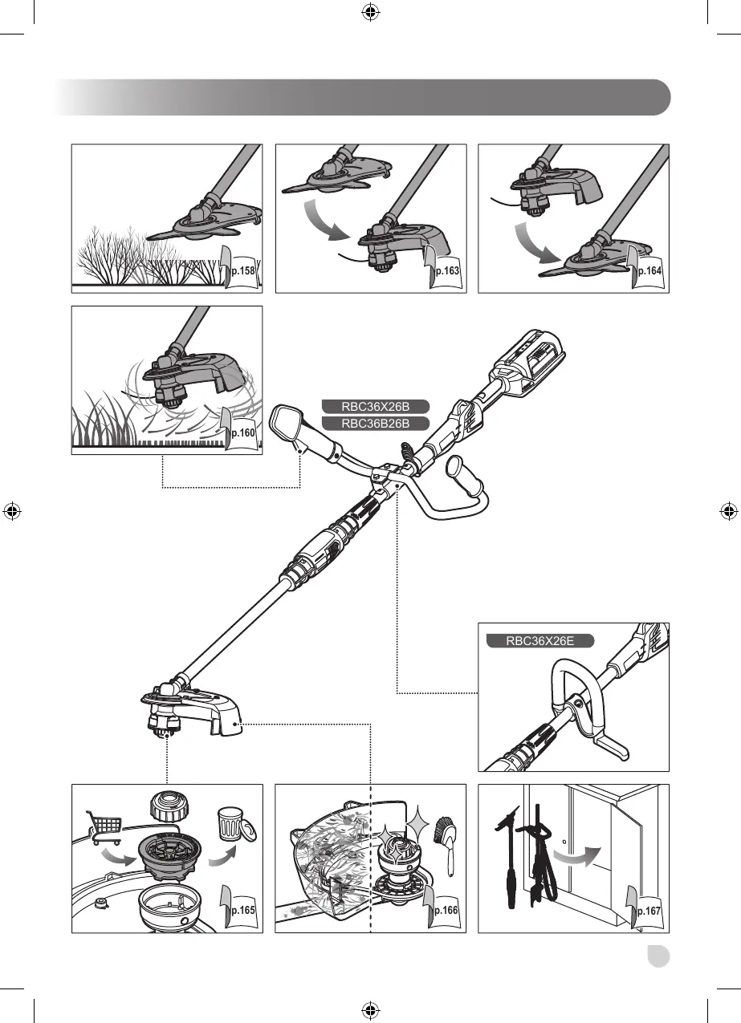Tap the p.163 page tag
[x=446, y=271]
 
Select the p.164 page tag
[x=649, y=271]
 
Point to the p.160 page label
[x=242, y=432]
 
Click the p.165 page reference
[x=242, y=911]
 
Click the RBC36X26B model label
[x=375, y=406]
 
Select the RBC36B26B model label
[x=375, y=424]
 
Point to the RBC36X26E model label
[x=539, y=641]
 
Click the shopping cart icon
[x=104, y=826]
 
